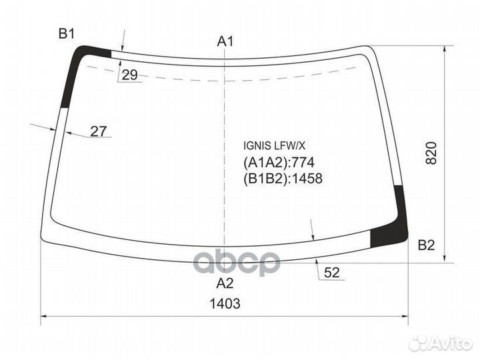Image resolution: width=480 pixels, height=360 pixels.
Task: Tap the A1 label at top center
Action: pyautogui.click(x=225, y=42)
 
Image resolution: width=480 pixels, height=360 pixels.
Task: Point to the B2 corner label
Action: pyautogui.click(x=426, y=246)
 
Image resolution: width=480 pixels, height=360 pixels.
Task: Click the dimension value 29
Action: pyautogui.click(x=129, y=75)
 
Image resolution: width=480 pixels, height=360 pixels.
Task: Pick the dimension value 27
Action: pyautogui.click(x=99, y=131)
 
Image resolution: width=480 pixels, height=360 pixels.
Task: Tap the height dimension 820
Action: pyautogui.click(x=431, y=154)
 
